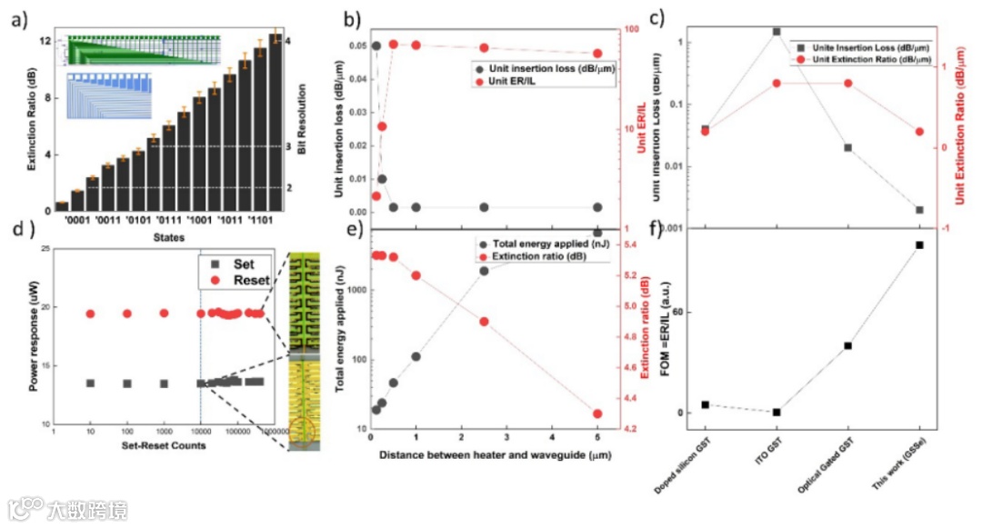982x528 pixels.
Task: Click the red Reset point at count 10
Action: tap(90, 314)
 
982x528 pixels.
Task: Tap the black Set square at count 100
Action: tap(127, 384)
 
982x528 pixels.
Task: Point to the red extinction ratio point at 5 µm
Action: tap(597, 413)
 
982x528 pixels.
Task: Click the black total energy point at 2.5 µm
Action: tap(484, 271)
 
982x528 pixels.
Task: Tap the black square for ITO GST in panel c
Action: tap(777, 31)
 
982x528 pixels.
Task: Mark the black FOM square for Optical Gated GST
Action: tap(847, 345)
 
